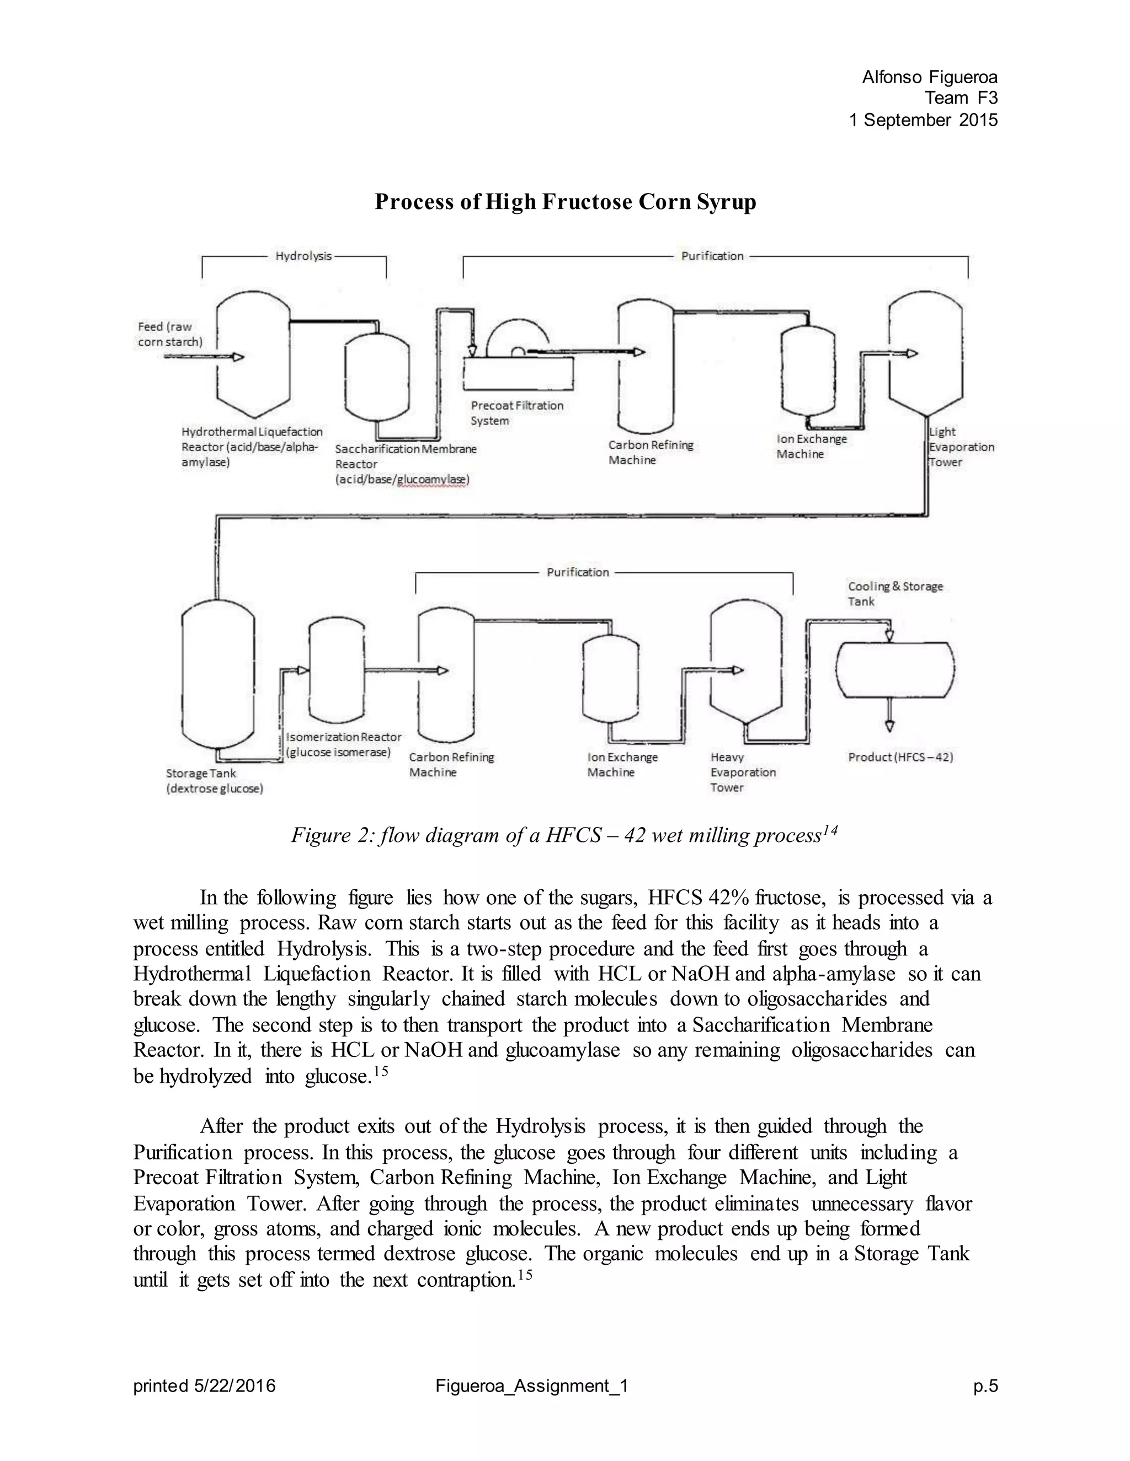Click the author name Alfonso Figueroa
coord(929,78)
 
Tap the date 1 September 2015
coord(923,120)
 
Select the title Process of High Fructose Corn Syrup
coord(565,202)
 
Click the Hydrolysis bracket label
coord(303,256)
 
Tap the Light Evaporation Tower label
coord(961,447)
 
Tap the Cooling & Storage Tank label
coord(895,594)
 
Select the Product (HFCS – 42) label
coord(900,758)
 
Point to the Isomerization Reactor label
coord(343,744)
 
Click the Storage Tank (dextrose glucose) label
coord(214,781)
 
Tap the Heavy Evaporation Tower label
coord(743,772)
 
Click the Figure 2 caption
coord(564,835)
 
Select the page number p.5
coord(985,1386)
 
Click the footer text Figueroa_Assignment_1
coord(531,1386)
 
